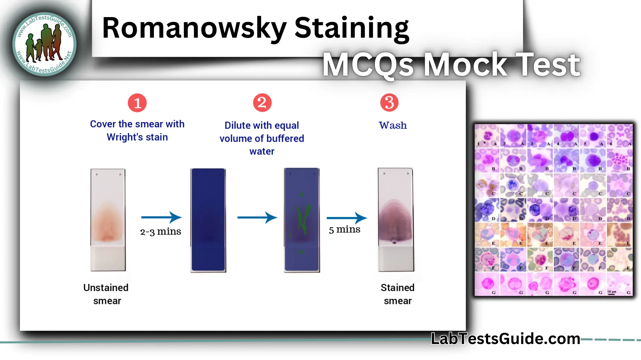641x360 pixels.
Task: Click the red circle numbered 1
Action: [x=137, y=103]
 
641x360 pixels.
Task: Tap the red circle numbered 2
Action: [x=262, y=103]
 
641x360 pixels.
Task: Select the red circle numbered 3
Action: [x=389, y=103]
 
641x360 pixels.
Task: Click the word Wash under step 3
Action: [x=393, y=125]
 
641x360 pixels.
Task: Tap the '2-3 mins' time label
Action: [x=161, y=232]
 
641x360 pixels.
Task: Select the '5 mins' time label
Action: [x=345, y=230]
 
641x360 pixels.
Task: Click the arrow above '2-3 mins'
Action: [x=161, y=217]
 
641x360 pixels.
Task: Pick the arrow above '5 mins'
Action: [x=347, y=218]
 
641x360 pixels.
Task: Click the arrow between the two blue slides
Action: [x=257, y=218]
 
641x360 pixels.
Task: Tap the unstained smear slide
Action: [x=108, y=220]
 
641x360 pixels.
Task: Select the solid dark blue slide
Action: [x=208, y=220]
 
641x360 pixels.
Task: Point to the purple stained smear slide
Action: [x=396, y=220]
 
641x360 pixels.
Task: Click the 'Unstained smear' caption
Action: [x=106, y=294]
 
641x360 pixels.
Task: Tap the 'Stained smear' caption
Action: [x=397, y=294]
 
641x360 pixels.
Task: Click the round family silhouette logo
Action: [x=44, y=44]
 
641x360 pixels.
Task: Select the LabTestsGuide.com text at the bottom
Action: [x=505, y=339]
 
